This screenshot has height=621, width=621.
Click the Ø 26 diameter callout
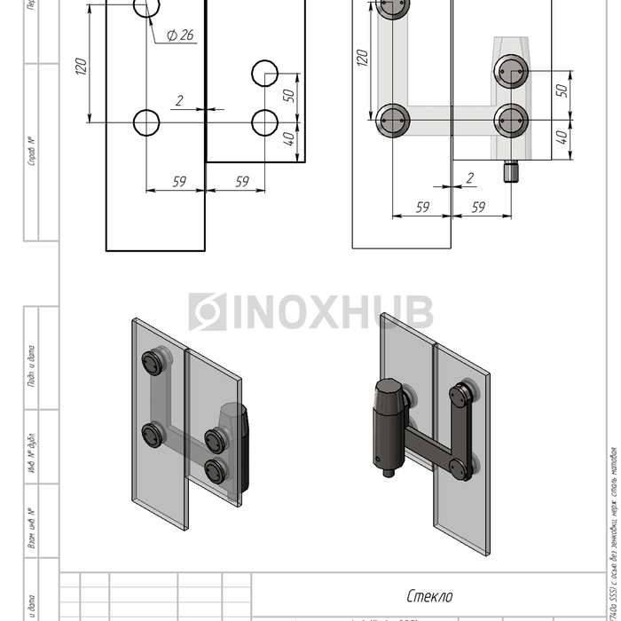coord(180,35)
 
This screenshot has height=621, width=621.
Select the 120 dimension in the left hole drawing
coord(81,66)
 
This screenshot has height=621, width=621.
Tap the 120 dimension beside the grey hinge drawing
coord(362,59)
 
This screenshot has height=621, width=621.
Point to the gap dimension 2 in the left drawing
coord(180,101)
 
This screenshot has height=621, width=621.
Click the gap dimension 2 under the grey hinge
coord(469,178)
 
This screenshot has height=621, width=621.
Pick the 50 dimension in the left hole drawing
coord(289,95)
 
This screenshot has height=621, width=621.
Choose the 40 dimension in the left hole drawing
coord(289,140)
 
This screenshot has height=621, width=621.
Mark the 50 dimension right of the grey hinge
coord(561,91)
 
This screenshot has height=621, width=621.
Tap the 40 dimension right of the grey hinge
coord(561,138)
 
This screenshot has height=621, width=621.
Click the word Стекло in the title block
coord(429,596)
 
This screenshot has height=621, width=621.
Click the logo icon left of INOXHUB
coord(207,312)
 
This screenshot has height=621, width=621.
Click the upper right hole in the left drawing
coord(264,73)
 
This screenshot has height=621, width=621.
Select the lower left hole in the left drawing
coord(146,122)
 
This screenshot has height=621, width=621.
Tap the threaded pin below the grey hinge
coord(510,171)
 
